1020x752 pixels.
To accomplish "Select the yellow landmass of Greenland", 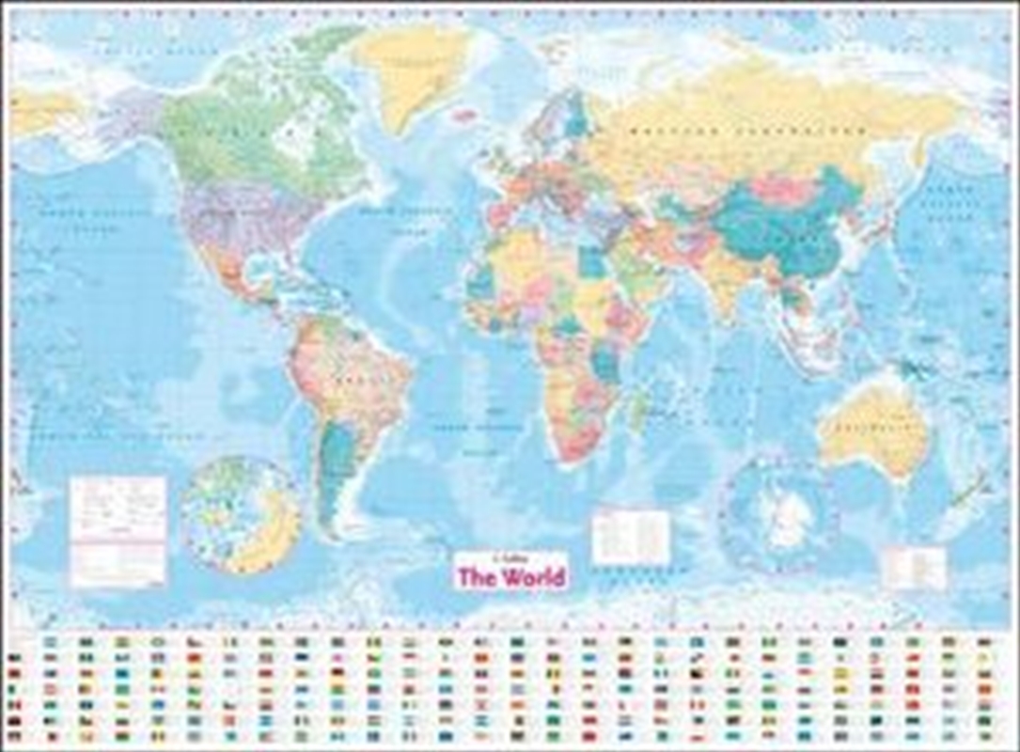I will (414, 70).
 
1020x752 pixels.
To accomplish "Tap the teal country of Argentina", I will (334, 470).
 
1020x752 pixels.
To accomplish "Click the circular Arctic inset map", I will (241, 514).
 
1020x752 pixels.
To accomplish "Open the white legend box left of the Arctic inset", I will (118, 531).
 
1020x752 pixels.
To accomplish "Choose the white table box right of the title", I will (630, 537).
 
